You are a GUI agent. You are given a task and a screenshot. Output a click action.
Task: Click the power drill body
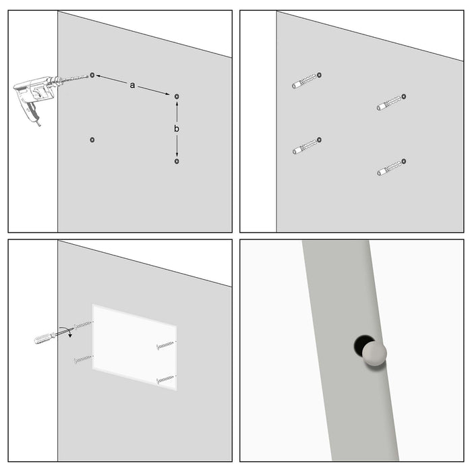point(34,92)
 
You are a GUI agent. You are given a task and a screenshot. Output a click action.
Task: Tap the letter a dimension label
point(132,85)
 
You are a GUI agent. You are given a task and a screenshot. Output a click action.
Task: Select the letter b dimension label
point(177,128)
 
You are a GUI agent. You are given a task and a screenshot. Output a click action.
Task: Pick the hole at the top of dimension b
point(177,96)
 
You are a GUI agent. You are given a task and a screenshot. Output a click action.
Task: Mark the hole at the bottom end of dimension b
point(177,161)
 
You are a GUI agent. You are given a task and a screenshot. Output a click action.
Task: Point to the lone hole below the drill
point(92,140)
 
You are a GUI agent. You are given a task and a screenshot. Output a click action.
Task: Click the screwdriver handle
point(45,337)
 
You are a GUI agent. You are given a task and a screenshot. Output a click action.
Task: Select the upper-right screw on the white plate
point(165,345)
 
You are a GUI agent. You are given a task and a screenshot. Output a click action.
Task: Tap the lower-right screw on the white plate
point(165,380)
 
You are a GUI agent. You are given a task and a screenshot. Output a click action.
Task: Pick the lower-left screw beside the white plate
point(83,359)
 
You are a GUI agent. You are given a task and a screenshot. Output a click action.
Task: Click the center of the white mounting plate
point(134,347)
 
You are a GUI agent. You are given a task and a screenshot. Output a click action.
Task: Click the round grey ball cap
point(375,355)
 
